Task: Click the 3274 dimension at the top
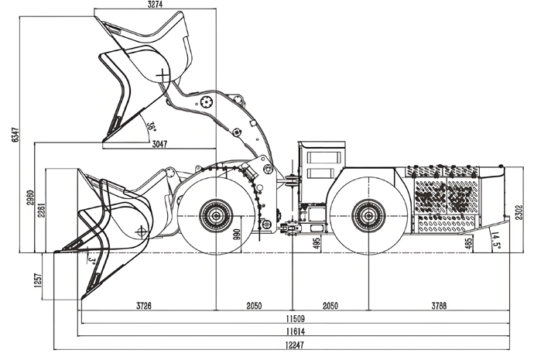pyautogui.click(x=155, y=5)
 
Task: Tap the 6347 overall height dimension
pyautogui.click(x=15, y=135)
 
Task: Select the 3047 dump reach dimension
pyautogui.click(x=159, y=144)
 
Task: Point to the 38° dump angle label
pyautogui.click(x=151, y=127)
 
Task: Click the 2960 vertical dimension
pyautogui.click(x=30, y=197)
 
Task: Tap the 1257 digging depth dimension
pyautogui.click(x=37, y=280)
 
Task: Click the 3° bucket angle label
pyautogui.click(x=91, y=261)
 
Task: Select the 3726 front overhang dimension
pyautogui.click(x=144, y=306)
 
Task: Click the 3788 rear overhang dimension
pyautogui.click(x=439, y=306)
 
